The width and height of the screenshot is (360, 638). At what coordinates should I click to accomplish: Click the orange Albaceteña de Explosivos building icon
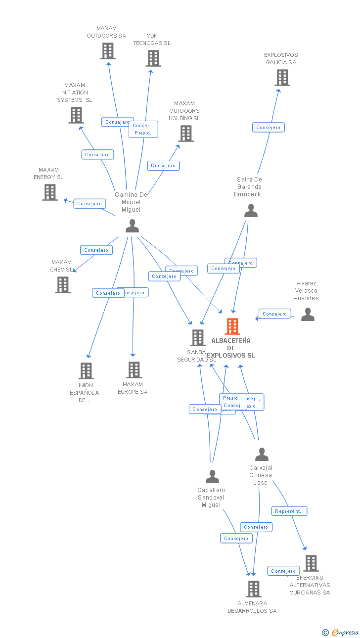click(x=232, y=326)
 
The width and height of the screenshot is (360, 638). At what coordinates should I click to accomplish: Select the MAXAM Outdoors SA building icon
click(x=108, y=51)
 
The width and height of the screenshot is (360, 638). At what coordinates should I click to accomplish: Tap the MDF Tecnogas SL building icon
click(x=153, y=58)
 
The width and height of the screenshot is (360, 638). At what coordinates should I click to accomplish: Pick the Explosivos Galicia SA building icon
click(x=282, y=78)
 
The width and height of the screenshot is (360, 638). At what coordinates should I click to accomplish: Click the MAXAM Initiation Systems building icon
click(x=76, y=115)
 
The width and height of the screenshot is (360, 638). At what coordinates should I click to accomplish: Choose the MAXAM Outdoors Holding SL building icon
click(x=186, y=134)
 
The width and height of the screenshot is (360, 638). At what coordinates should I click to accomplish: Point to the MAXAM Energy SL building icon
click(x=50, y=192)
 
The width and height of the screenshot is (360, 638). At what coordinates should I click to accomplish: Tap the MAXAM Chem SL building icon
click(x=63, y=285)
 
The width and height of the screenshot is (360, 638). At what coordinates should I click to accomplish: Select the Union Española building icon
click(x=86, y=371)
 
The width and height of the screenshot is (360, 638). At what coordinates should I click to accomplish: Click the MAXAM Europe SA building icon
click(x=134, y=370)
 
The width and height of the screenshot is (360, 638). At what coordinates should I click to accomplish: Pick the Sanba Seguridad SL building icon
click(x=198, y=338)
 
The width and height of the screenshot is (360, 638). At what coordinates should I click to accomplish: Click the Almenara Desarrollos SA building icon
click(x=254, y=589)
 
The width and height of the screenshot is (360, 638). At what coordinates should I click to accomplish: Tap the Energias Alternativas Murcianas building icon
click(x=311, y=563)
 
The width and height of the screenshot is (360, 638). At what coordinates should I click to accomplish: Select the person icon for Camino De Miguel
click(x=132, y=226)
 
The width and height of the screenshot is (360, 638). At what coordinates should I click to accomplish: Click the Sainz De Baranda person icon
click(x=251, y=211)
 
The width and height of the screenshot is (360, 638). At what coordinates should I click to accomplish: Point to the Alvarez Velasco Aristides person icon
click(x=308, y=315)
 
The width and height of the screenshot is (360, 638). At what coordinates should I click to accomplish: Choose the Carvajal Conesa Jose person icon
click(x=262, y=455)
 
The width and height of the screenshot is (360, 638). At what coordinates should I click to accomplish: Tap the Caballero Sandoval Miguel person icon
click(x=212, y=477)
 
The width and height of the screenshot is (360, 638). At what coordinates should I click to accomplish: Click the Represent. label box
click(x=289, y=511)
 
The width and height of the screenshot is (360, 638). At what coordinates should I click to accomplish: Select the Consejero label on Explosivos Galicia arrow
click(x=269, y=128)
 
